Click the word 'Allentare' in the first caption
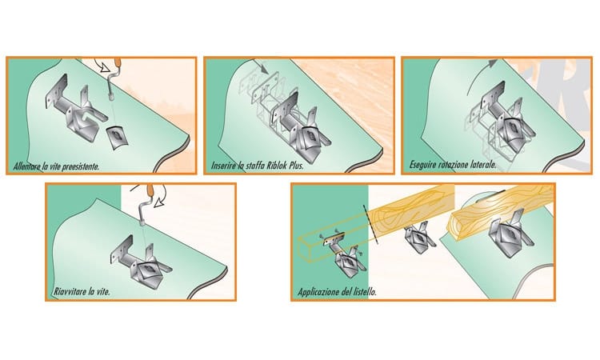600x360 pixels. (x=27, y=166)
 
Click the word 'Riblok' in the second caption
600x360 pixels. (x=277, y=166)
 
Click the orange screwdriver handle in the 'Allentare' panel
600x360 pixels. (x=118, y=62)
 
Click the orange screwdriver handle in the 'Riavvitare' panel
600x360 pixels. (x=150, y=190)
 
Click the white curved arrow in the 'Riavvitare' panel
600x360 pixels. (x=162, y=196)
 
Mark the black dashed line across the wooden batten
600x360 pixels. (x=370, y=224)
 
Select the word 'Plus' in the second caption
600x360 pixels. (x=296, y=166)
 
